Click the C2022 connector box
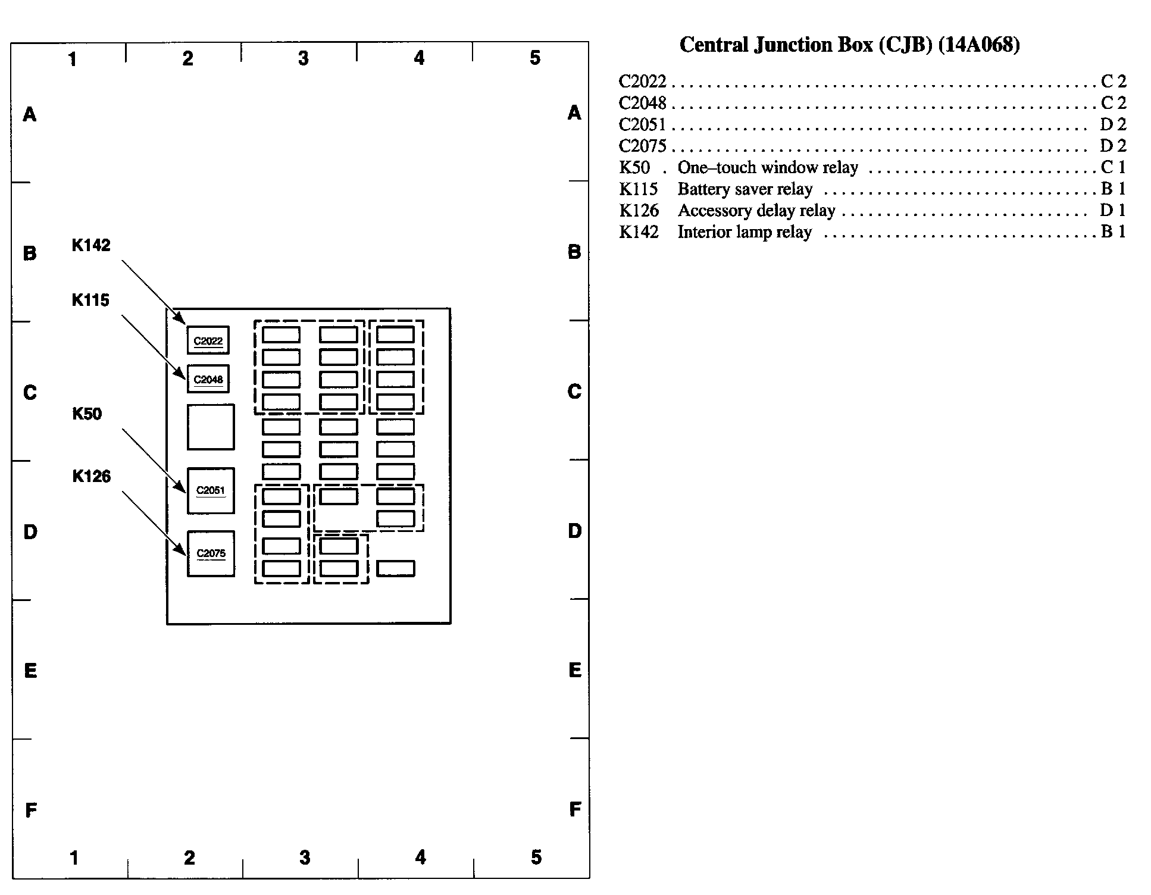pyautogui.click(x=208, y=340)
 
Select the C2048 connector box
pyautogui.click(x=208, y=379)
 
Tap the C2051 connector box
pyautogui.click(x=211, y=490)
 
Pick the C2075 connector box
pyautogui.click(x=211, y=553)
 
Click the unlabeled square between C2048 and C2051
pyautogui.click(x=211, y=427)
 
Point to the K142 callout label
pyautogui.click(x=91, y=245)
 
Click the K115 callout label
pyautogui.click(x=90, y=300)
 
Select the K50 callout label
pyautogui.click(x=87, y=414)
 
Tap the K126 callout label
pyautogui.click(x=92, y=477)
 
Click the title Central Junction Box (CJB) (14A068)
pyautogui.click(x=849, y=45)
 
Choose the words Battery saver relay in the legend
pyautogui.click(x=745, y=189)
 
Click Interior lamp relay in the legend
pyautogui.click(x=744, y=232)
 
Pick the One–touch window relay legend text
pyautogui.click(x=768, y=168)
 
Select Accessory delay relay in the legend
pyautogui.click(x=756, y=211)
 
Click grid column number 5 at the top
pyautogui.click(x=535, y=58)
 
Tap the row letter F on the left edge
pyautogui.click(x=31, y=810)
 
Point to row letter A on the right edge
pyautogui.click(x=574, y=112)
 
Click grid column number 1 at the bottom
pyautogui.click(x=74, y=858)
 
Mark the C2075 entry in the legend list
pyautogui.click(x=642, y=146)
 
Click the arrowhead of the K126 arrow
pyautogui.click(x=183, y=553)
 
